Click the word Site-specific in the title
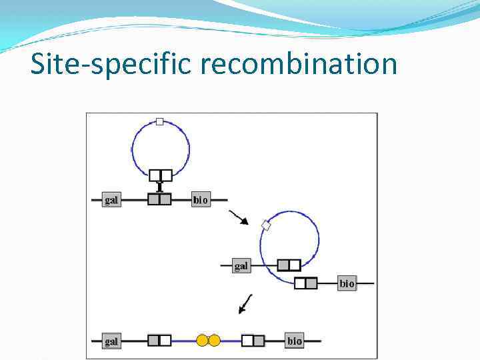click(x=107, y=65)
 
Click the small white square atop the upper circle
click(x=159, y=121)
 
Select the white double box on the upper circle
click(x=161, y=175)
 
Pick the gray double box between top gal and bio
click(x=160, y=199)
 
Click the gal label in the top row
click(x=111, y=199)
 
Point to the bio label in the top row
click(x=201, y=199)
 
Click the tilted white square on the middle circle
click(x=266, y=225)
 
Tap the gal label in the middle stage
click(x=241, y=265)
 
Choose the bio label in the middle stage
click(x=347, y=283)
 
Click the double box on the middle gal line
click(x=289, y=265)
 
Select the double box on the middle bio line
click(x=305, y=283)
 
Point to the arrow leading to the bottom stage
click(x=245, y=303)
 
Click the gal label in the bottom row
click(x=111, y=341)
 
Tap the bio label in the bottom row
click(x=295, y=341)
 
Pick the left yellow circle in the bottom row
click(x=202, y=341)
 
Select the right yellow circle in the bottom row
click(x=214, y=341)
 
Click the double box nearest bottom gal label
click(x=160, y=341)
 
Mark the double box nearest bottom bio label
click(x=253, y=341)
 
